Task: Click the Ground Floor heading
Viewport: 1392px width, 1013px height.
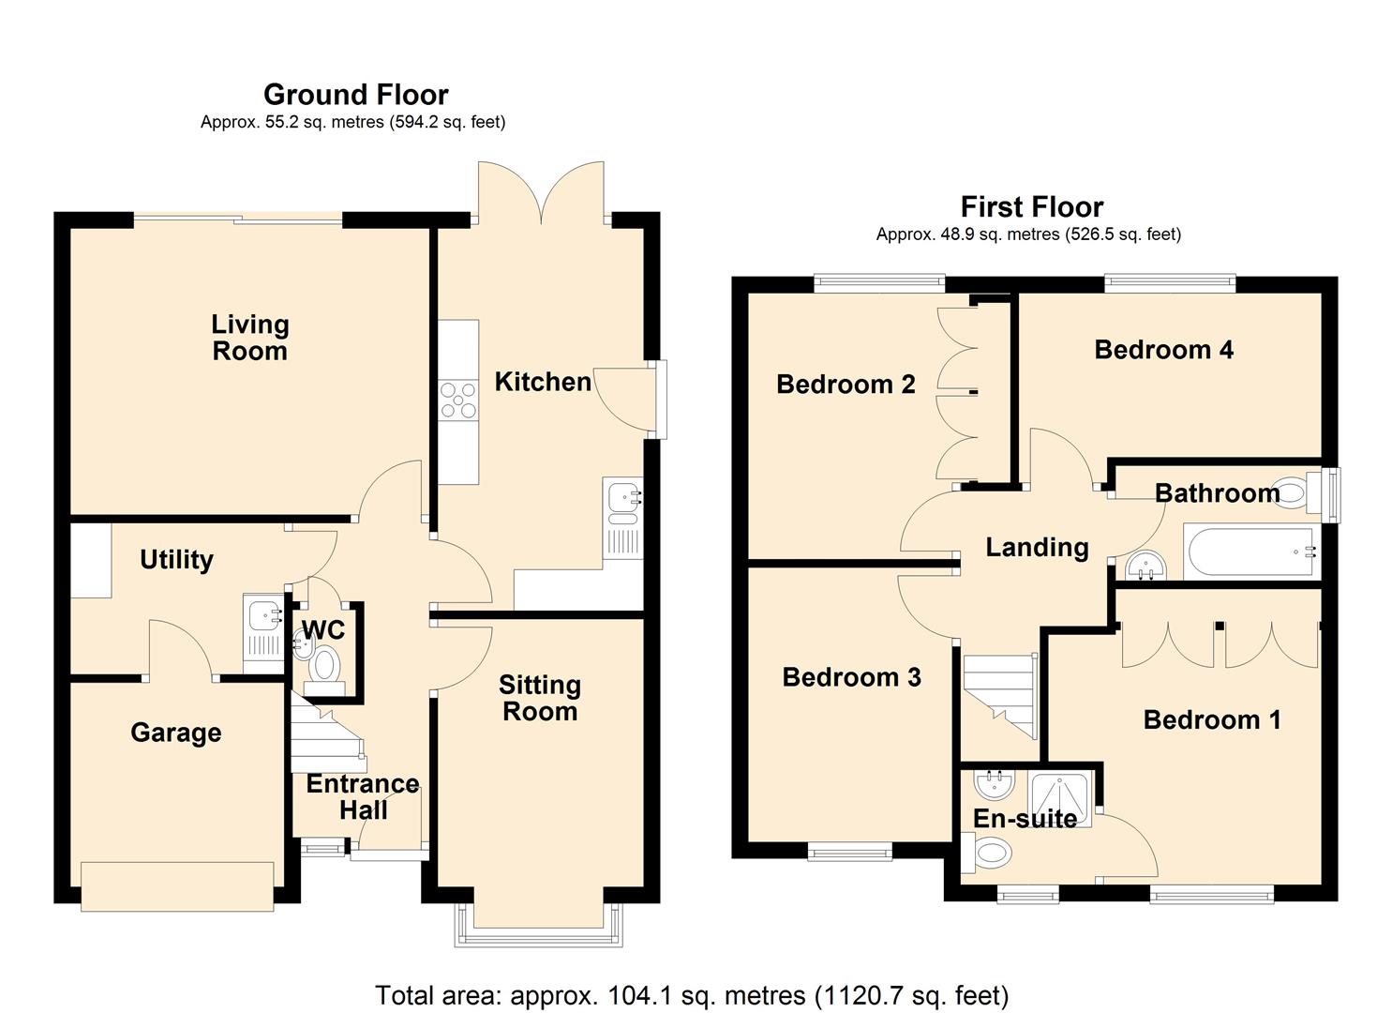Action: click(x=355, y=95)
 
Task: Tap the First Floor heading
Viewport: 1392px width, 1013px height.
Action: click(x=1031, y=207)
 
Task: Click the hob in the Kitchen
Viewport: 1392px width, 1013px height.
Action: click(x=458, y=401)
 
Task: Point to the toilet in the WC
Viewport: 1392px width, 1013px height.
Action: click(x=323, y=670)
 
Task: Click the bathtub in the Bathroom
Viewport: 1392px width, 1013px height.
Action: click(x=1250, y=552)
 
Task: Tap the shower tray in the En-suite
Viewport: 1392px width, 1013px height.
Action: click(x=1059, y=799)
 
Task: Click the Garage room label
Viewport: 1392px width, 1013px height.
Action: click(x=176, y=733)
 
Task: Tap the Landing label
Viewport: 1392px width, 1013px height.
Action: click(x=1037, y=547)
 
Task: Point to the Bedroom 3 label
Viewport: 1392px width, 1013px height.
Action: click(x=851, y=677)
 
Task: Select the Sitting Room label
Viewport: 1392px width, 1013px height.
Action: click(x=540, y=698)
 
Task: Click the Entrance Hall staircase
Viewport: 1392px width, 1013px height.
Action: click(x=327, y=735)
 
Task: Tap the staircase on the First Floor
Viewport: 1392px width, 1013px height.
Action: click(x=1000, y=695)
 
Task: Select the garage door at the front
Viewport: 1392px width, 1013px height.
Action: click(x=177, y=886)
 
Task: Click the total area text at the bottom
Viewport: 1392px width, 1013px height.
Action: click(x=692, y=995)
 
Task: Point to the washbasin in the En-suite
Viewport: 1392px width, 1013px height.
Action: click(x=995, y=785)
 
